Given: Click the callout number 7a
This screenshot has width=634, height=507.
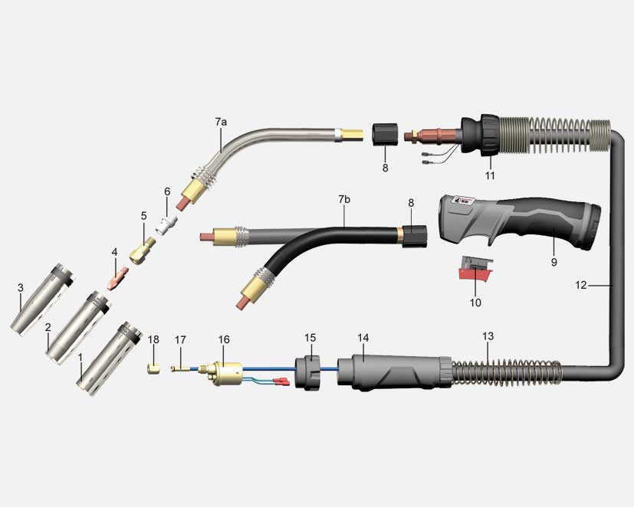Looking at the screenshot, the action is [x=221, y=121].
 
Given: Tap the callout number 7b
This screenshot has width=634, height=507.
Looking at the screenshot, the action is [x=344, y=199].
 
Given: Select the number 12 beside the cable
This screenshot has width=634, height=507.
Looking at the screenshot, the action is [x=580, y=285].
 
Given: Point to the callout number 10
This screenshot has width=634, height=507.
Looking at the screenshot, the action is [x=475, y=303].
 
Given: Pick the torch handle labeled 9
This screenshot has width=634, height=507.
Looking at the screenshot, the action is [x=520, y=223].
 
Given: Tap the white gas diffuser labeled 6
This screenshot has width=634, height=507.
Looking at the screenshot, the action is [x=167, y=224].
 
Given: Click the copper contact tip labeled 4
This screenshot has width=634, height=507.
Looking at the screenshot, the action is [x=117, y=277].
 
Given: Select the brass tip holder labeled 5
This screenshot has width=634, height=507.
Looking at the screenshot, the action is [x=143, y=250].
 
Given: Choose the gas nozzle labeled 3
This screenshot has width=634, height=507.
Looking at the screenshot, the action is [x=42, y=300].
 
